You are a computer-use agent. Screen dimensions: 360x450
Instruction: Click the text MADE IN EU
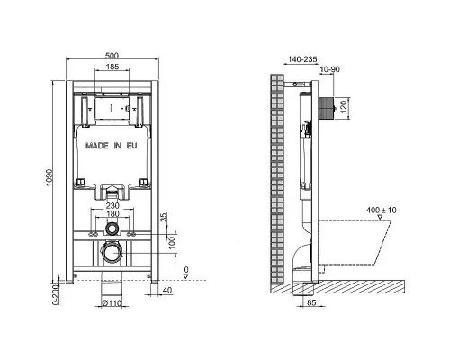[111, 144]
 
